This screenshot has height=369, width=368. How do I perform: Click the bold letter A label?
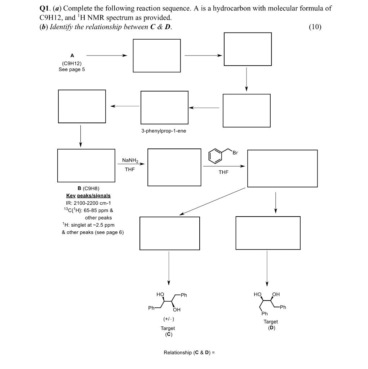(x=72, y=55)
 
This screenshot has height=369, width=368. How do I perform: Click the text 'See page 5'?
(x=72, y=70)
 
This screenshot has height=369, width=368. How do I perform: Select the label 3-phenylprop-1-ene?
(x=164, y=131)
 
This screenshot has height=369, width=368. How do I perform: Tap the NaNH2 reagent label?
(x=130, y=160)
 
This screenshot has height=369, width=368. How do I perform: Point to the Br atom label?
(x=235, y=153)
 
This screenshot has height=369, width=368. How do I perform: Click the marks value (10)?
(x=315, y=27)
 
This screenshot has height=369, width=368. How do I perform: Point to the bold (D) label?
(x=271, y=328)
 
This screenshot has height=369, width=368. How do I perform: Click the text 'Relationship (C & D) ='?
(x=189, y=352)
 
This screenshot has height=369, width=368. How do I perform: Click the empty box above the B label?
(x=86, y=165)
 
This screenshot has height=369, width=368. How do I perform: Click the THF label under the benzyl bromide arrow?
(x=223, y=173)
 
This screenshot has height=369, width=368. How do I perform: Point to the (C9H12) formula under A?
(x=72, y=63)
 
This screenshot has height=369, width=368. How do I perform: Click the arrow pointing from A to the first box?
(x=107, y=55)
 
